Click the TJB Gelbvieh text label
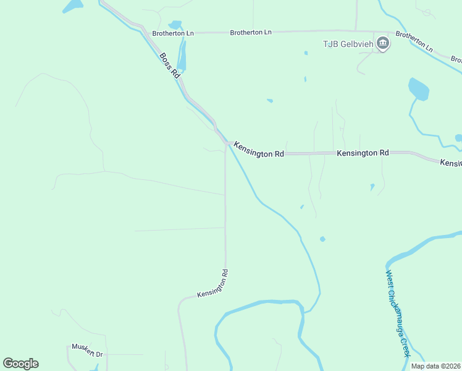pos(348,43)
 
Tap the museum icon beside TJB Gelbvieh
pos(383,44)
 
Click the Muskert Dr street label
pos(87,350)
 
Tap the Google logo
pos(20,364)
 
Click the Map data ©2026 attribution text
pos(435,366)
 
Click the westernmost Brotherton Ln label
pos(173,33)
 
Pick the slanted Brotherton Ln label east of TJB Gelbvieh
pos(414,41)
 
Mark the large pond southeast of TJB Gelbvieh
pos(419,90)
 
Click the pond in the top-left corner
pos(72,6)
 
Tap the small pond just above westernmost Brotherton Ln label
pos(175,25)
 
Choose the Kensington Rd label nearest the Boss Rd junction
pos(259,150)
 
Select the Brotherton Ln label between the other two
pos(251,32)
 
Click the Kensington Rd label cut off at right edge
pos(451,163)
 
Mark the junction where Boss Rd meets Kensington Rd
pos(225,143)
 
